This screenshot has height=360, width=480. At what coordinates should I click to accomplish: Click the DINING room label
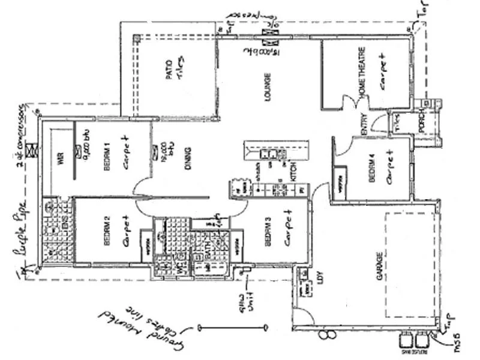(x=188, y=159)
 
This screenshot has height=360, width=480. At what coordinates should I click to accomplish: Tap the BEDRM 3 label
(x=268, y=233)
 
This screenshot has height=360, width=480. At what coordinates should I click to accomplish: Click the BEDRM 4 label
(x=372, y=169)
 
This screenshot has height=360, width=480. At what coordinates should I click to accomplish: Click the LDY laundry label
(x=320, y=278)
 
